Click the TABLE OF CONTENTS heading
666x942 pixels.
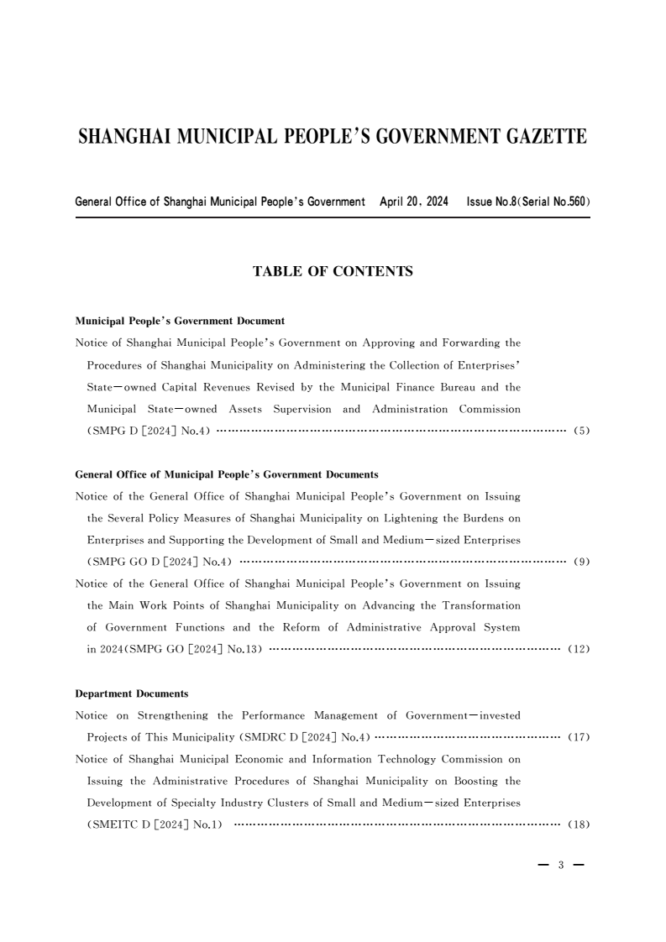click(x=333, y=272)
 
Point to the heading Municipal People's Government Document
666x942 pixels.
click(x=180, y=321)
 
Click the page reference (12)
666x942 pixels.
click(x=579, y=650)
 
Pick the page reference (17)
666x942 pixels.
click(x=579, y=737)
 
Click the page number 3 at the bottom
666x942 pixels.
click(x=560, y=866)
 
